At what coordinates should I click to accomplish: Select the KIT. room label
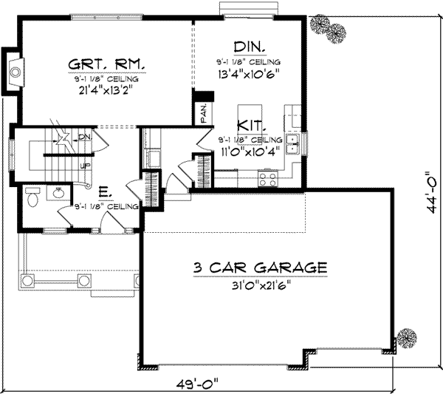click(x=252, y=125)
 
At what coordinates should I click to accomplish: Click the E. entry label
click(x=104, y=194)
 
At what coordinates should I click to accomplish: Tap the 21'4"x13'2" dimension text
click(x=107, y=91)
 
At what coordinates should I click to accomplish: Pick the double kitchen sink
click(x=292, y=143)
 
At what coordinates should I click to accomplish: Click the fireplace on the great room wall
click(x=13, y=71)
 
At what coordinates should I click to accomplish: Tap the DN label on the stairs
click(x=84, y=137)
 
